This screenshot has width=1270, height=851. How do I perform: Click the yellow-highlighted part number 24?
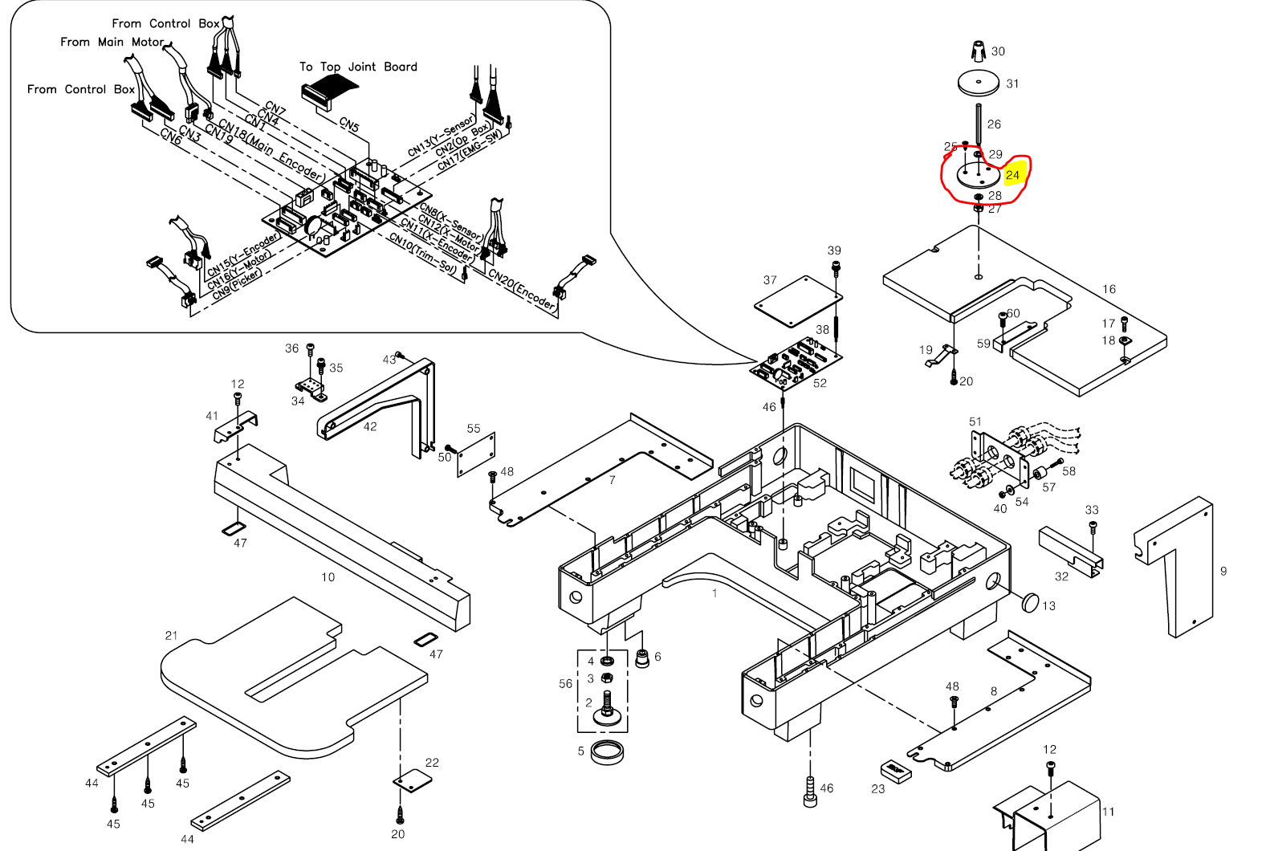coord(1012,175)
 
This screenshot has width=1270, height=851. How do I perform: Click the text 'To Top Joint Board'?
coord(358,67)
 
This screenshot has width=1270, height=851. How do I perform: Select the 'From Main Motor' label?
coord(112,42)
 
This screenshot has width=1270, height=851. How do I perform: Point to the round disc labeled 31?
coord(979,82)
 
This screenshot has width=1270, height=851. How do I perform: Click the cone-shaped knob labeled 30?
coord(978,51)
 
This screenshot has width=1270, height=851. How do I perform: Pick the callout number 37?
coord(770,280)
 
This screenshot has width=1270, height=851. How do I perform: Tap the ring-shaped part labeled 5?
coord(608,753)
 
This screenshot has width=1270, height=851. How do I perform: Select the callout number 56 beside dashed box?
coord(566,684)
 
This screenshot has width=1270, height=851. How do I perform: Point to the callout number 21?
coord(171,636)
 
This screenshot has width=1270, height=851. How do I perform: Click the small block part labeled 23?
coord(896,772)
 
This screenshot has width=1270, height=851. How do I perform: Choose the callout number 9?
coord(1223,572)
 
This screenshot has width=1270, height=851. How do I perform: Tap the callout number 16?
coord(1109,289)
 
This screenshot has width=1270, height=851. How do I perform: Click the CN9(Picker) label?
coord(237,284)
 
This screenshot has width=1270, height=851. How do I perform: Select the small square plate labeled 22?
coord(412,780)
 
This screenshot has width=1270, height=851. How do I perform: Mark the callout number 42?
coord(370,427)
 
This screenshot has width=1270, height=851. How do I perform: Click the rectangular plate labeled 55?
coord(476,455)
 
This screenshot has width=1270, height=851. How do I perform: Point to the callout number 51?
coord(975,421)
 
